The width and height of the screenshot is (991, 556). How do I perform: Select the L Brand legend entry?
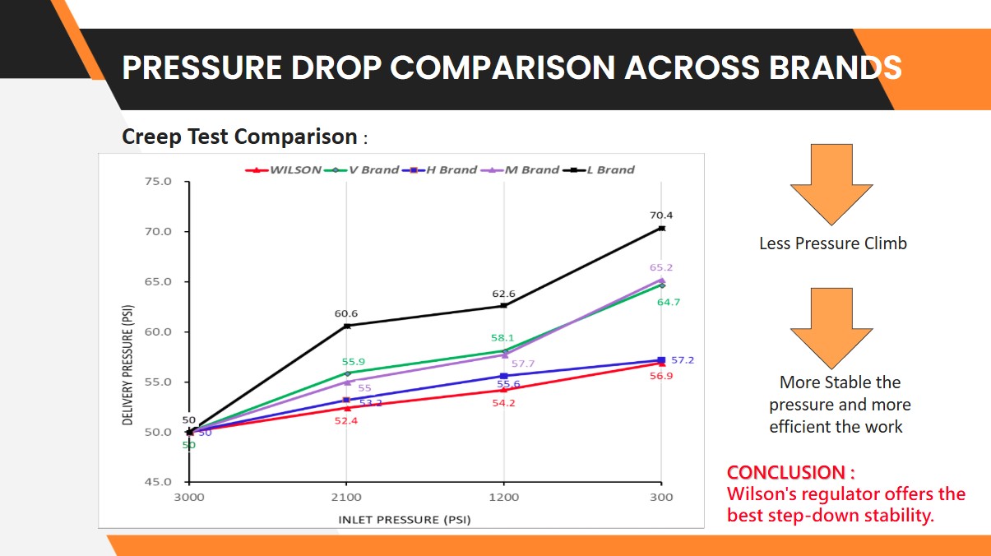(x=609, y=170)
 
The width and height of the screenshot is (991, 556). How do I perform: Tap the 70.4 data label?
(x=660, y=215)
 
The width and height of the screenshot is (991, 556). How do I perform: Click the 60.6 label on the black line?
(x=345, y=313)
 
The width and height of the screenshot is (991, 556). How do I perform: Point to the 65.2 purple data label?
(x=660, y=268)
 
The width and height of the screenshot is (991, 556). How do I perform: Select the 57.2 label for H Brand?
(x=683, y=360)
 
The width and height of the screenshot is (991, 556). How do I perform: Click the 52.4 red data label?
(x=345, y=420)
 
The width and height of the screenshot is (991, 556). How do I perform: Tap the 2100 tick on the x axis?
(x=346, y=497)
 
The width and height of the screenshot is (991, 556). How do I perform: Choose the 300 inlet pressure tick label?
(x=661, y=497)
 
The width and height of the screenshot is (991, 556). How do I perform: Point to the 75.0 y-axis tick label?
(x=159, y=182)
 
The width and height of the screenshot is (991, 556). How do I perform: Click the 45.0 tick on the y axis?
(x=159, y=482)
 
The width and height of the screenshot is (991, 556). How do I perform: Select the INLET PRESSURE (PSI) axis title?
(x=405, y=519)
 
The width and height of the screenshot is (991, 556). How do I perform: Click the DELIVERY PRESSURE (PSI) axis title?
(x=128, y=366)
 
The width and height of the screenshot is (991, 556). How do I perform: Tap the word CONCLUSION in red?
(x=785, y=473)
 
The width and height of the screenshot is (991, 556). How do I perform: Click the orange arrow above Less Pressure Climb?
(x=831, y=183)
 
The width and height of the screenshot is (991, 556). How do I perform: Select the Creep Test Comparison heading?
(x=239, y=137)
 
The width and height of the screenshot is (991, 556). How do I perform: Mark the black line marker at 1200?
(x=504, y=306)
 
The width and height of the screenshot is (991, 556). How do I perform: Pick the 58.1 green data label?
(x=502, y=338)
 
